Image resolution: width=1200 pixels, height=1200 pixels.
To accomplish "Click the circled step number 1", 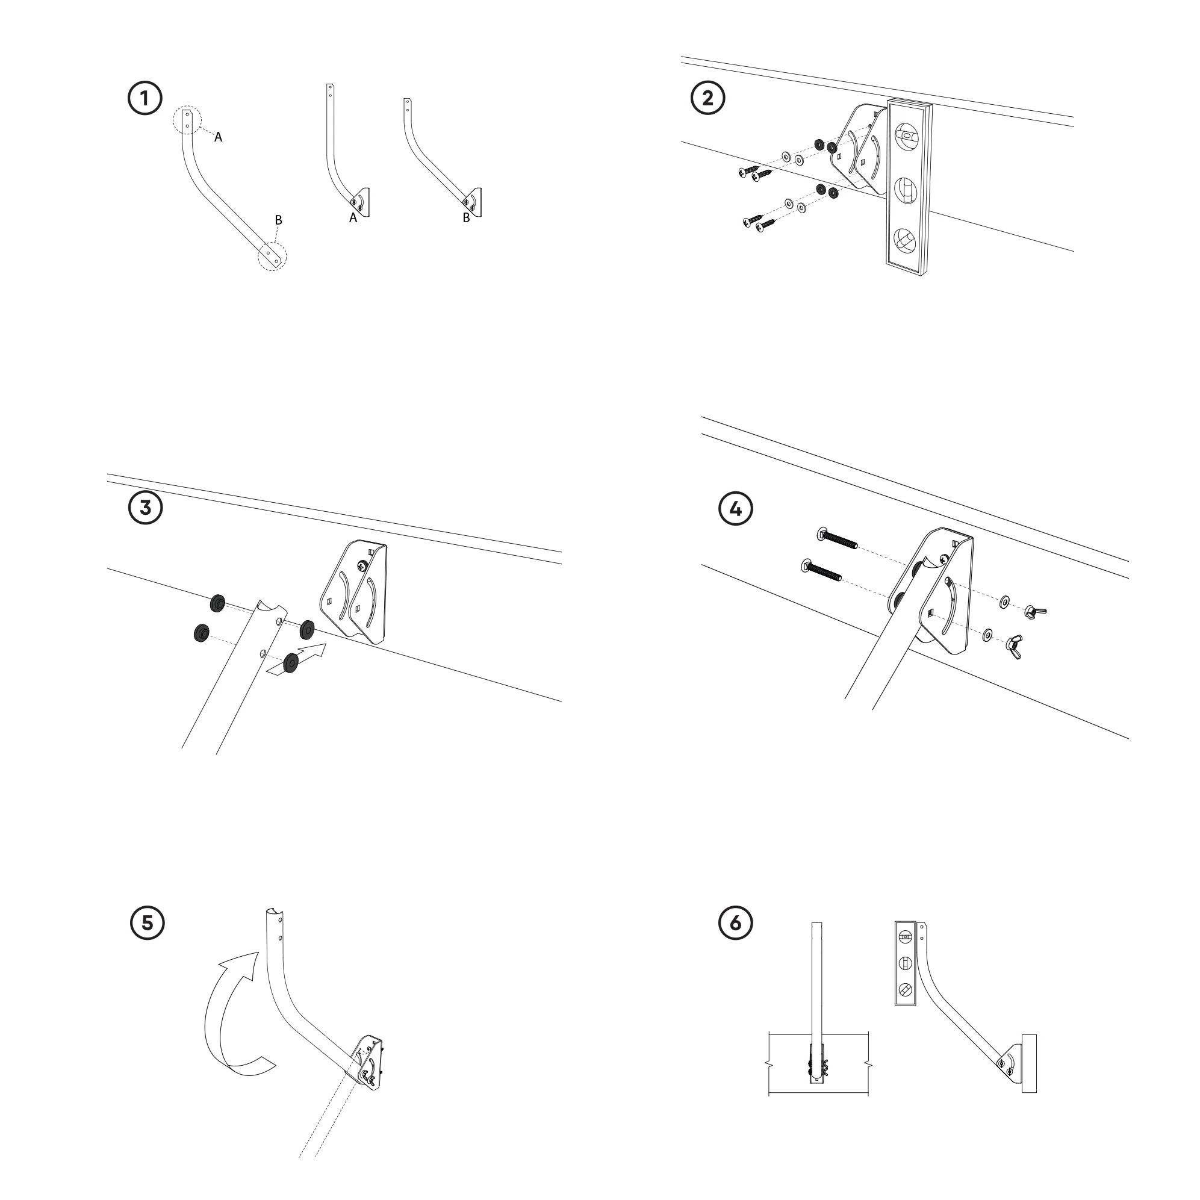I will [x=145, y=99].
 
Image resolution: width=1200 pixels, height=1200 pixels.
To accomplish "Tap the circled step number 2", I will [x=707, y=98].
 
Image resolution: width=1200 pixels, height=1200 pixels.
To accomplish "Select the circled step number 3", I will [x=145, y=508].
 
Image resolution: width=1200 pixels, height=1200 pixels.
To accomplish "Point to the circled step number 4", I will [x=735, y=509].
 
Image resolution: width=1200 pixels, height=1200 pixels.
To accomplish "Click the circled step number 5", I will [x=147, y=922].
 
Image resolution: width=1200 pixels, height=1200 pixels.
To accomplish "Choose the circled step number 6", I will [x=735, y=922].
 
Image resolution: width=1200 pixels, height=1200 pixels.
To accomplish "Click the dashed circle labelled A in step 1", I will [x=187, y=120].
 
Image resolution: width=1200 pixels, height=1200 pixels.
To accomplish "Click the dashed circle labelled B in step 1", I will [x=273, y=255].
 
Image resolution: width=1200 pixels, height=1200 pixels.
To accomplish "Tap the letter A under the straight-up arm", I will [x=353, y=218].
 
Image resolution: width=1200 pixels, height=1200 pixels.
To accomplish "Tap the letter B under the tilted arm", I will [x=466, y=218].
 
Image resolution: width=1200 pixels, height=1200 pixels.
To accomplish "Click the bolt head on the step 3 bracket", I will [x=362, y=565].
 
